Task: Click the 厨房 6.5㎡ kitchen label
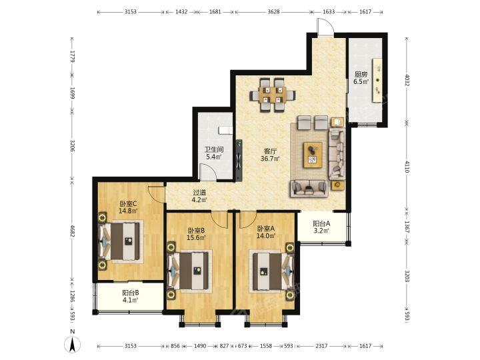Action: (361, 78)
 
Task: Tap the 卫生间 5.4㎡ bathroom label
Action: (214, 153)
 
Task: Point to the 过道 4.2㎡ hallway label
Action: (199, 196)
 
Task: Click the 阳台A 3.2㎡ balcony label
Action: (321, 227)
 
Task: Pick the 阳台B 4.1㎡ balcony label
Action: (131, 296)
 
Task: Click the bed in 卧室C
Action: (121, 241)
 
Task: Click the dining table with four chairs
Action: (273, 95)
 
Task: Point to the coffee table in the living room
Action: (313, 155)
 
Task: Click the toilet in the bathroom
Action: (225, 131)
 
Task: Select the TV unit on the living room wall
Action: (239, 159)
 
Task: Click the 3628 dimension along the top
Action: (273, 12)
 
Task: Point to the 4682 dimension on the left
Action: (73, 231)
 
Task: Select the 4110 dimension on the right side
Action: (407, 167)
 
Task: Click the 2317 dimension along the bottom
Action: (321, 346)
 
